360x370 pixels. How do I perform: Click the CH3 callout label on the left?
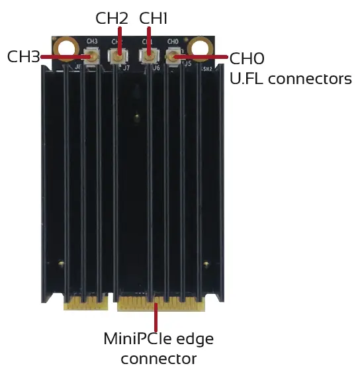(22, 56)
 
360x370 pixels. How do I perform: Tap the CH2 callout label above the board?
(111, 17)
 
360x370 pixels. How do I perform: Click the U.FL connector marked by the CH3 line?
(91, 58)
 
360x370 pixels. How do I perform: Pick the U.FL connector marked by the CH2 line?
(118, 58)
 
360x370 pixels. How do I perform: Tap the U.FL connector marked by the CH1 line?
(147, 58)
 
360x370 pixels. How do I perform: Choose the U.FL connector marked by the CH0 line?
(173, 58)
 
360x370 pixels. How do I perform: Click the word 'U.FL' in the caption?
(245, 79)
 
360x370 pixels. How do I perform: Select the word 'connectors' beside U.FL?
(308, 79)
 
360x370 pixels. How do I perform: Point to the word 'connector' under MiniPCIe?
(159, 359)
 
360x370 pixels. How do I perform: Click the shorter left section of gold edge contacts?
(86, 304)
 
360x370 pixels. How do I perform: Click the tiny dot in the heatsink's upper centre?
(135, 118)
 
